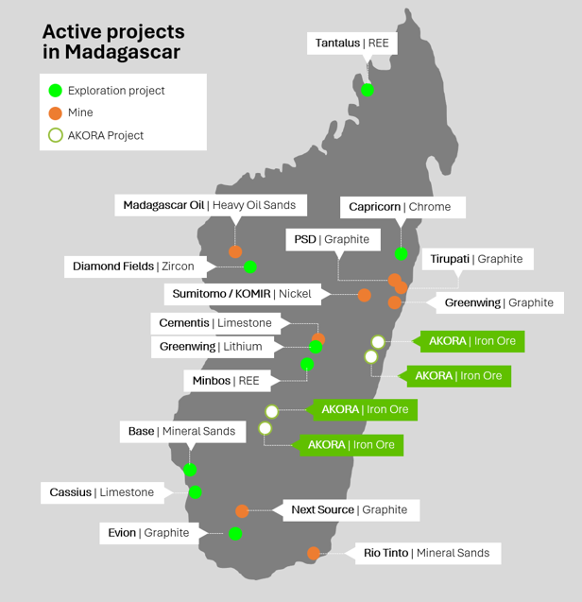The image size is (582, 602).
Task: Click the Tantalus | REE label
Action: pos(352,43)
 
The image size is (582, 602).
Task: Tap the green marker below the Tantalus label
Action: pos(368,90)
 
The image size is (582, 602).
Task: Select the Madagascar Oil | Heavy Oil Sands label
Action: pos(210,205)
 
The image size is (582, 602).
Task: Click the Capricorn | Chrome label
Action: pos(400,207)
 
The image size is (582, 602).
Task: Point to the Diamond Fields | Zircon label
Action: pos(133,267)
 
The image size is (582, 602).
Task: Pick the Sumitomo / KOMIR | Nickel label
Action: pos(241,294)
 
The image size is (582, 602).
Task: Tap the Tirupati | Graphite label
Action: pos(476,259)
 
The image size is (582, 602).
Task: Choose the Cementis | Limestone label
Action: pos(215,323)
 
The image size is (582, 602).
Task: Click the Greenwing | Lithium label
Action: pos(211,347)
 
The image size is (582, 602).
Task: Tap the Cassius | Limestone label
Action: pos(101,492)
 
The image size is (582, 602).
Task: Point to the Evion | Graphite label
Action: pos(147,533)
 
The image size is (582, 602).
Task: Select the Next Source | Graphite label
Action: pos(349,510)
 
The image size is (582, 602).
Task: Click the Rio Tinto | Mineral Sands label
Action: pos(426,553)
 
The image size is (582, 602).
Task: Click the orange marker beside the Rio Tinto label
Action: pos(314,553)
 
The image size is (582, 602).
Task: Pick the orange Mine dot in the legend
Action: pos(56,112)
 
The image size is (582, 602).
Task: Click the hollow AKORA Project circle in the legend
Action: pos(56,135)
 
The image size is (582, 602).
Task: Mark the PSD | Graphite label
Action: pos(331,240)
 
